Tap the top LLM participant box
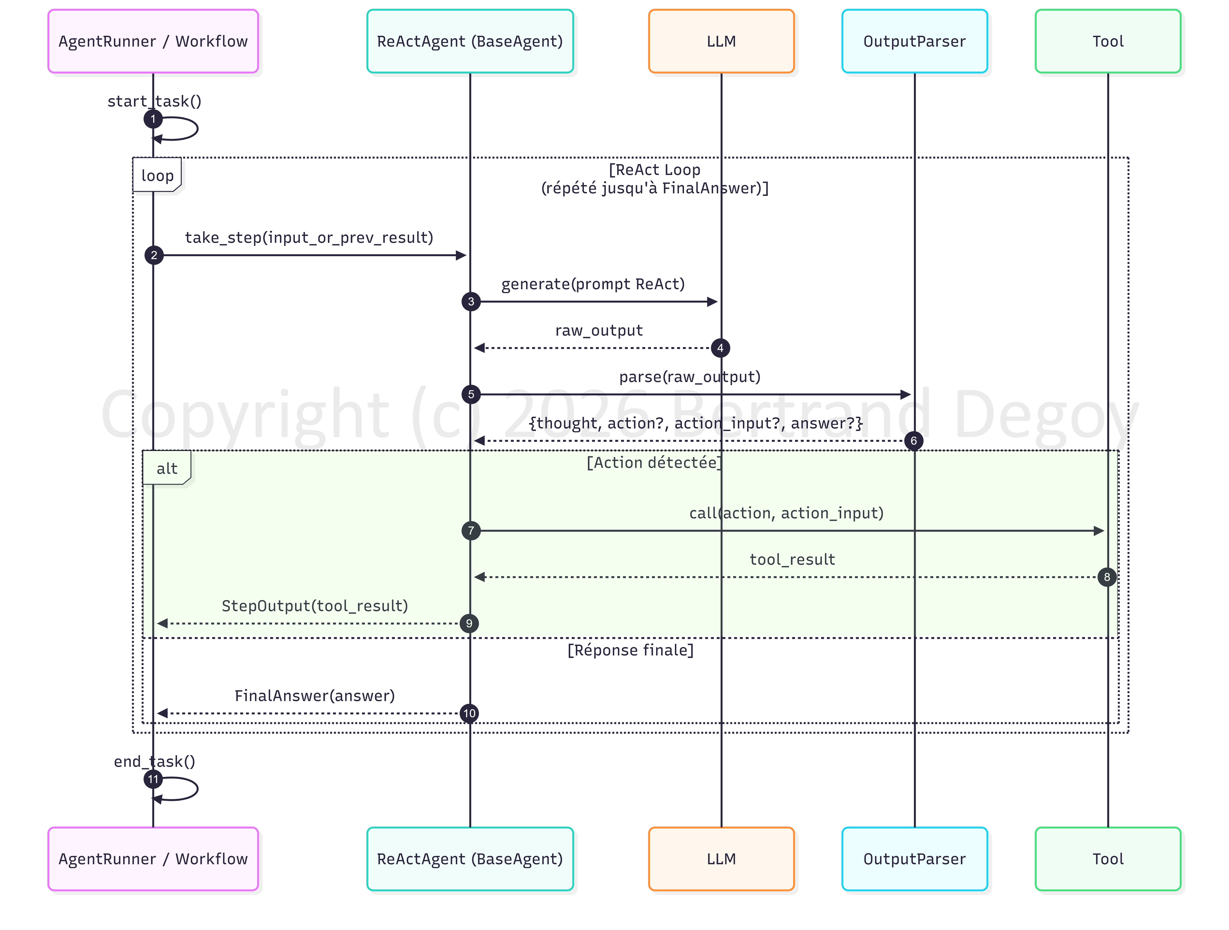point(721,41)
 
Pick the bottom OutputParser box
point(914,859)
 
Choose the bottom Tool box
point(1108,859)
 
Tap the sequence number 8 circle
point(1107,577)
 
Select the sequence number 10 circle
point(469,713)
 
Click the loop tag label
point(157,176)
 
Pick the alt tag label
point(167,468)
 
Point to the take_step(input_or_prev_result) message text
point(309,238)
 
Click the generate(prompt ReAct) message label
point(593,284)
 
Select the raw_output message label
point(599,331)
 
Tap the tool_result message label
point(792,559)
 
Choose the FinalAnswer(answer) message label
point(315,695)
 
